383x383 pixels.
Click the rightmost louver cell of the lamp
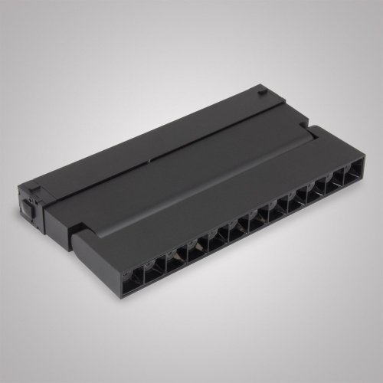point(353,175)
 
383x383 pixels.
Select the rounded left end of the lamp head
point(77,241)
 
